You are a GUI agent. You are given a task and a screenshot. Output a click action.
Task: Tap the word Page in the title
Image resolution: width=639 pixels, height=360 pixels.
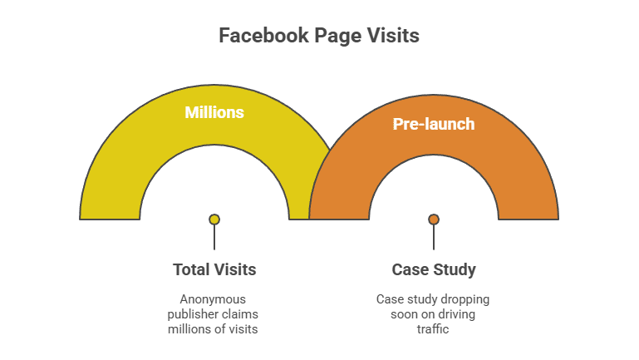pos(338,37)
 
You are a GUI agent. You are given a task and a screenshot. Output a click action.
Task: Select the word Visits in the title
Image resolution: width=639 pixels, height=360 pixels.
pos(393,36)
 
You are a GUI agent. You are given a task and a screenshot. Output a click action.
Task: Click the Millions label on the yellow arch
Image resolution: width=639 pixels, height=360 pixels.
pos(214,112)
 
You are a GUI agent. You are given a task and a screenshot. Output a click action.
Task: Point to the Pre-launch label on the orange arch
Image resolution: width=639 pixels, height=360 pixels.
pos(434,124)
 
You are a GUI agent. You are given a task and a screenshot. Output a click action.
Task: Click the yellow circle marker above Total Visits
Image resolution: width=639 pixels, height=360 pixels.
pos(214,219)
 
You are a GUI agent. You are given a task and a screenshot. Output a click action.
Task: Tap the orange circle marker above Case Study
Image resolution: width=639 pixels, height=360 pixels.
pos(434,219)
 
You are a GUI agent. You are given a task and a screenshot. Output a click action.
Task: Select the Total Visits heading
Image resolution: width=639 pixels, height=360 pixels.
pos(214,269)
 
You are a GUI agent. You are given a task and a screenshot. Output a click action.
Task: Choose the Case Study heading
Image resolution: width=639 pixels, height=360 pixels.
pos(434,270)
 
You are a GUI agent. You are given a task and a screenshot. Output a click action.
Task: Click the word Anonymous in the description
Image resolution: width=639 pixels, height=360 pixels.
pos(213,299)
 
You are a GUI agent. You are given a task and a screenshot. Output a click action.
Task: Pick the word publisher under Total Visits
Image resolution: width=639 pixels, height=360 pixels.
pos(189,314)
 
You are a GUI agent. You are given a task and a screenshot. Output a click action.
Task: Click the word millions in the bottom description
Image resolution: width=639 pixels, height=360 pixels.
pos(190,329)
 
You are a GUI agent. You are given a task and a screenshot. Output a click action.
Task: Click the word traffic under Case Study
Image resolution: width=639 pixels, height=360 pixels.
pos(433,329)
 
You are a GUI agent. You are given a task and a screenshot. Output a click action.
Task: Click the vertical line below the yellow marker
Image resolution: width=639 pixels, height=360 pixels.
pos(214,237)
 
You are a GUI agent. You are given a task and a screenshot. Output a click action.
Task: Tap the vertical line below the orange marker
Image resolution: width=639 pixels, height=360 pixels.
pos(434,237)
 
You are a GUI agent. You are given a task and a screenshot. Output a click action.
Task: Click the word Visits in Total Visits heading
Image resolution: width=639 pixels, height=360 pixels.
pos(233,269)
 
